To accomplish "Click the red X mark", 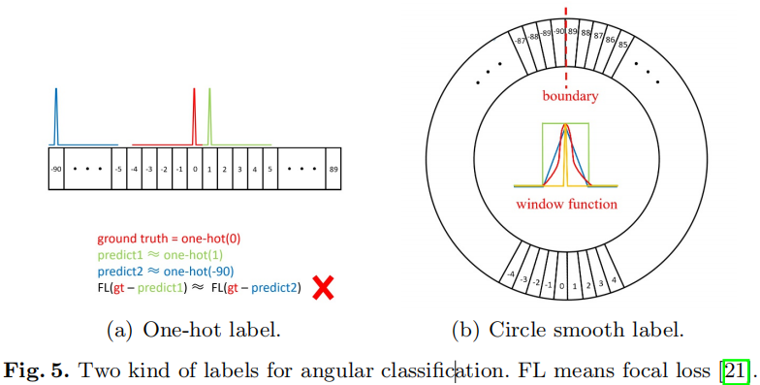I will click(x=322, y=287).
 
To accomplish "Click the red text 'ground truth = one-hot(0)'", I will click(x=159, y=239).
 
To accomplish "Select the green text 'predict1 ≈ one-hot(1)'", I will click(x=151, y=255).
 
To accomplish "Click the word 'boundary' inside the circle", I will click(x=569, y=96).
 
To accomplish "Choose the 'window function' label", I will click(x=567, y=205).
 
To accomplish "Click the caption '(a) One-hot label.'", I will click(x=193, y=331).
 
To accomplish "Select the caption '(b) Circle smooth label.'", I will click(x=566, y=331).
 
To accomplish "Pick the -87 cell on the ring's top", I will click(x=521, y=41).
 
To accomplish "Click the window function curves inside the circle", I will click(x=565, y=155).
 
